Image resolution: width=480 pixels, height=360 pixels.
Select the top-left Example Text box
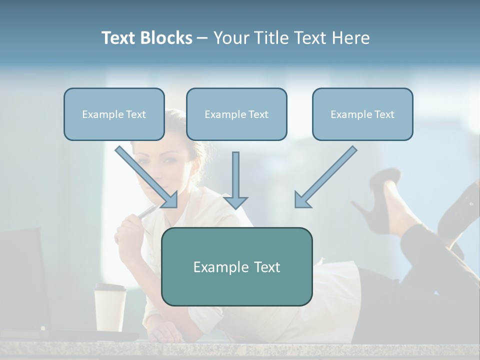click(114, 114)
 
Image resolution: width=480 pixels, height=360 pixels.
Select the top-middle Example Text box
click(236, 114)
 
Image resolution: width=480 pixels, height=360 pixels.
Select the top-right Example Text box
click(362, 114)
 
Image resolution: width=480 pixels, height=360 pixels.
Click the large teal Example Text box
click(236, 267)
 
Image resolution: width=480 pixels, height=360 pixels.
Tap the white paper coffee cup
click(110, 310)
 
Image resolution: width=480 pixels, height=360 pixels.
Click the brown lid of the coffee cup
click(110, 287)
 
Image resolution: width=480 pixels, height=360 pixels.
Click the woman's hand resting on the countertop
click(165, 332)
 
